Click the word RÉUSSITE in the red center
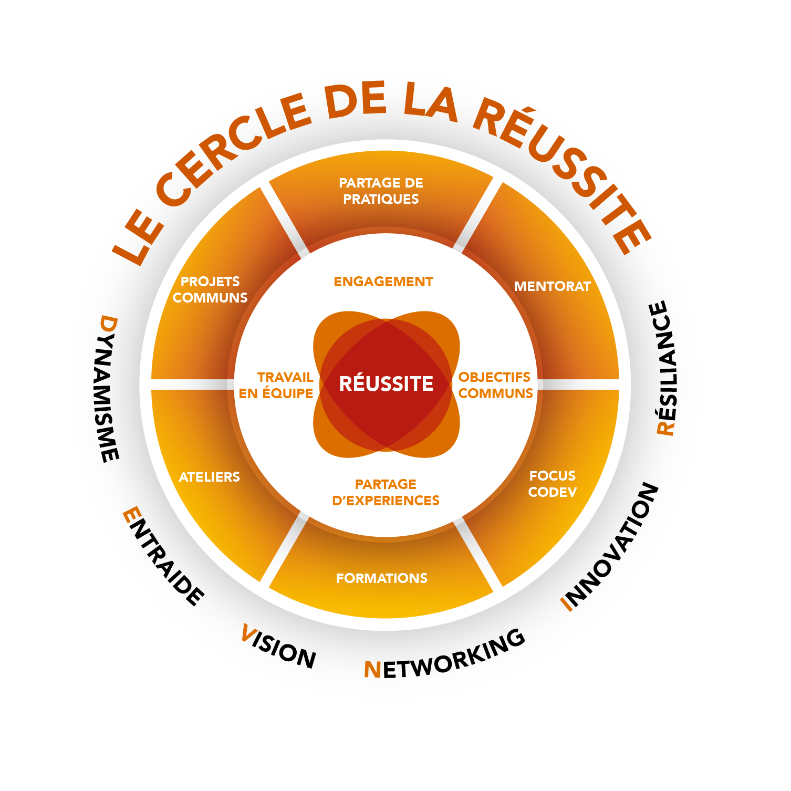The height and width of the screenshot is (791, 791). (386, 384)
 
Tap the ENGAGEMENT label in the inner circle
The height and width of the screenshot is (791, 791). (383, 282)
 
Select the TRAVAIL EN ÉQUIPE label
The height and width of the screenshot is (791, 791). (276, 385)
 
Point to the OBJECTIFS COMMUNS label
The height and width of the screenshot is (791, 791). (495, 385)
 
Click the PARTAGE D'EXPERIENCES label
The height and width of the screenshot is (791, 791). (386, 492)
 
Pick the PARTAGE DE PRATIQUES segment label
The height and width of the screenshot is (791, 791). (381, 191)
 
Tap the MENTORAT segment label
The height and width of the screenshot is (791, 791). (552, 286)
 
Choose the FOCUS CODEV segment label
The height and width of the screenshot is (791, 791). (553, 484)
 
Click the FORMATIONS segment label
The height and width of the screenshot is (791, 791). (382, 578)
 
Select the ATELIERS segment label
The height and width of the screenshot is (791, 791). (210, 477)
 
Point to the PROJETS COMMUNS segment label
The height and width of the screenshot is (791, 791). (210, 289)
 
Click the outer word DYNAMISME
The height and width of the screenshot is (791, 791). (109, 389)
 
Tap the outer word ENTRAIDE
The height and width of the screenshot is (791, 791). (163, 556)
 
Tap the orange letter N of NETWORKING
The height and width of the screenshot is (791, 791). (372, 670)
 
